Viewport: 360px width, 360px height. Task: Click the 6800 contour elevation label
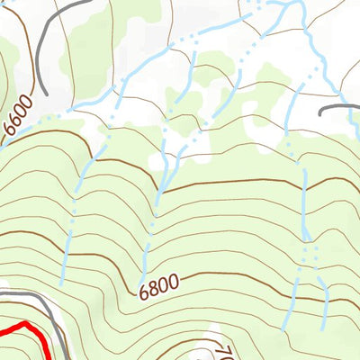click(x=160, y=288)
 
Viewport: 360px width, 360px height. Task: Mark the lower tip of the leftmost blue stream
click(x=62, y=284)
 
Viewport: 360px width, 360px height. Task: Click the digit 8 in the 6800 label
click(x=155, y=289)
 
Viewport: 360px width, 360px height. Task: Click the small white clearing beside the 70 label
click(x=214, y=333)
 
